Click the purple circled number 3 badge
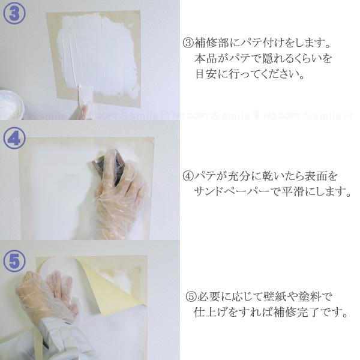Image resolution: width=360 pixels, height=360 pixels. tap(14, 13)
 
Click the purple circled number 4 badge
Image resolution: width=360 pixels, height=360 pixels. tap(14, 139)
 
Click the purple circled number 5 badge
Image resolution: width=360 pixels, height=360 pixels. tap(14, 261)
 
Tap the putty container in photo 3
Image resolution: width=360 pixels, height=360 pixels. tap(11, 104)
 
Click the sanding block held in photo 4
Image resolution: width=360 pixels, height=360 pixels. tap(107, 166)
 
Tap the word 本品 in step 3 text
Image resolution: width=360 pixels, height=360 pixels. tap(206, 59)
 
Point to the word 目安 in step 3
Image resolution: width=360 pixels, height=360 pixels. tap(206, 74)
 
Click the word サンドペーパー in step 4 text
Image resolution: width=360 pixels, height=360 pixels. tap(232, 191)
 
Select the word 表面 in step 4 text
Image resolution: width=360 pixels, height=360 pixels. tap(316, 176)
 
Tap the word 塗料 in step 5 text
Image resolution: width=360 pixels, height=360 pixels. tap(310, 296)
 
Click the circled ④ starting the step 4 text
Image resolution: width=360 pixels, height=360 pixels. tap(188, 176)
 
